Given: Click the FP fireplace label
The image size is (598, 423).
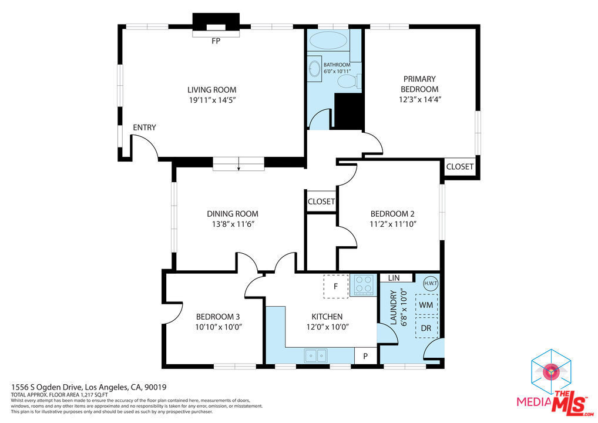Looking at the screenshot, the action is coord(216,41).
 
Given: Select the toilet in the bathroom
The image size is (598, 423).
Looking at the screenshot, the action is coord(349,81).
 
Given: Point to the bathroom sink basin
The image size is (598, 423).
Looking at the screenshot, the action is coord(315,69).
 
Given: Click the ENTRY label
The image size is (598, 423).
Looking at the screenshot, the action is coord(144,127).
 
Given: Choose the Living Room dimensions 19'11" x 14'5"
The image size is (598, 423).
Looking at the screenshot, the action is coord(211,100).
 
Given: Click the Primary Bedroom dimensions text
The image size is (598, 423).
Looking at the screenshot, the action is coord(419,99).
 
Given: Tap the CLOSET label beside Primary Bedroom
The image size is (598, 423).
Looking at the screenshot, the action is coord(460,167).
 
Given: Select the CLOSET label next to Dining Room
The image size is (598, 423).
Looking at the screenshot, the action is coord(321,202).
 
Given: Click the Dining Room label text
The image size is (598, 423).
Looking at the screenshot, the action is coord(233,214).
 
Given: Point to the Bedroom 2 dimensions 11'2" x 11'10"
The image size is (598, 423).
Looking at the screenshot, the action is coord(393,224).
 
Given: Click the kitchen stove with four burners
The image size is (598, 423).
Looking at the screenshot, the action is coord(364,284).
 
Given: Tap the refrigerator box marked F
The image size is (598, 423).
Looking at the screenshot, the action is coord(335,286).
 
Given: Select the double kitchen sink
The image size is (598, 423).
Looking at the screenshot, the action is coord(315,355).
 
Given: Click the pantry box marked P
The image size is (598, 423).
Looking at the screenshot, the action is coord(365,356).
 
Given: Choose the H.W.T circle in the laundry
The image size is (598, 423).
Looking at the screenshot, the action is coord(431,283).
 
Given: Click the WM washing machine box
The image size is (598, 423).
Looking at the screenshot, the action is coord(426,305).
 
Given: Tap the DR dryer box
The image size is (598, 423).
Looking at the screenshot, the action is coord(426,328).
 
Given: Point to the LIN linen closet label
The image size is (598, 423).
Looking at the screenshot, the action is coord(394,278).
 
